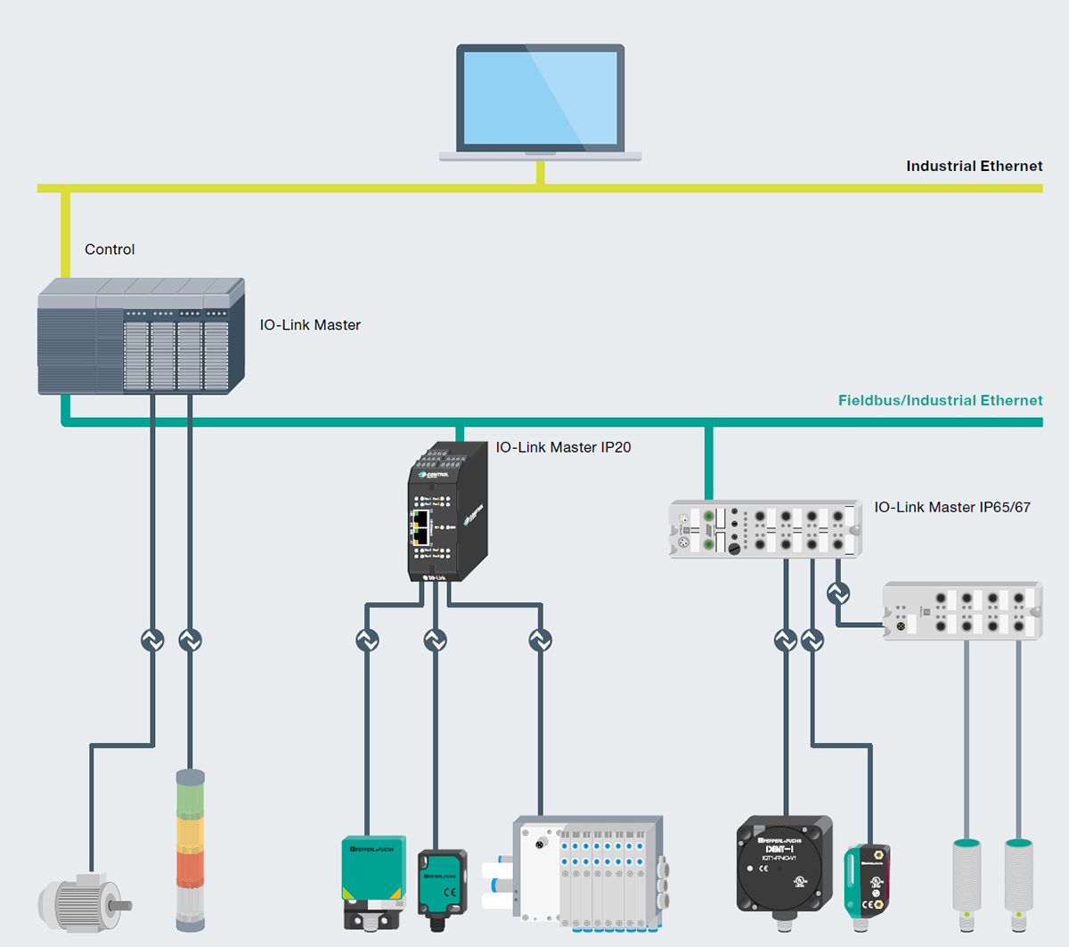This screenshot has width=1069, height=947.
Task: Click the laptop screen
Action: (x=540, y=98)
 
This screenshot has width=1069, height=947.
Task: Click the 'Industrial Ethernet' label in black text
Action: (x=974, y=166)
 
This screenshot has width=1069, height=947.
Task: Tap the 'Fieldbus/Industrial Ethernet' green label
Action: (x=940, y=400)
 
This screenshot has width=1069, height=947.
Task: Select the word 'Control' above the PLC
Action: (x=110, y=249)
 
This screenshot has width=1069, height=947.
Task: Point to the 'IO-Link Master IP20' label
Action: (x=563, y=447)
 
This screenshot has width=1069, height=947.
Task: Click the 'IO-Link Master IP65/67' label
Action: (x=951, y=507)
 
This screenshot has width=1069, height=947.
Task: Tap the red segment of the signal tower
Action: (x=190, y=869)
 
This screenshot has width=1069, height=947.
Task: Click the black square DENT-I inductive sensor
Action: (x=784, y=864)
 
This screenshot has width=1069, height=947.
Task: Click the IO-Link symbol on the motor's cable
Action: (x=152, y=640)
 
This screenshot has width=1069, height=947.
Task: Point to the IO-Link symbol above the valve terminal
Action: (x=540, y=640)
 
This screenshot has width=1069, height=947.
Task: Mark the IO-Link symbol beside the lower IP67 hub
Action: (x=837, y=592)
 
